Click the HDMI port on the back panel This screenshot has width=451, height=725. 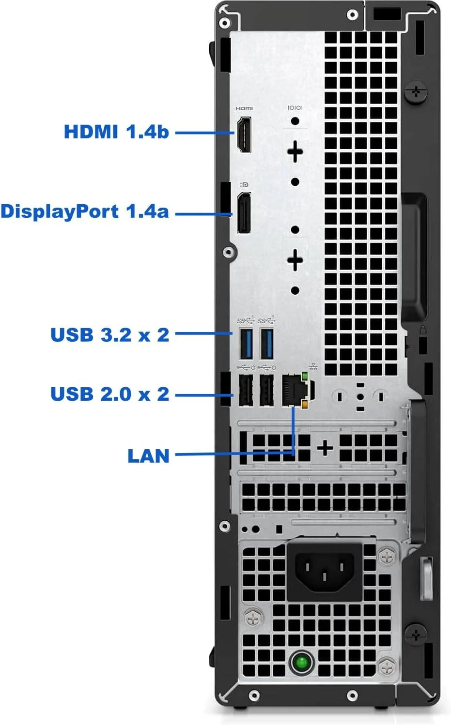click(x=244, y=134)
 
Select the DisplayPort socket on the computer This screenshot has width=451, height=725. click(x=244, y=212)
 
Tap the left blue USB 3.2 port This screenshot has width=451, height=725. click(x=246, y=343)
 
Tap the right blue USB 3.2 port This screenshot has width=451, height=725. click(x=267, y=343)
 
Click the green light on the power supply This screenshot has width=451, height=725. click(x=301, y=661)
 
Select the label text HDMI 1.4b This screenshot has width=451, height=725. click(x=116, y=132)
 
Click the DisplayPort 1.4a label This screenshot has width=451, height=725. click(x=85, y=211)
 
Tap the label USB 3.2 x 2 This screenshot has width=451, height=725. click(x=110, y=334)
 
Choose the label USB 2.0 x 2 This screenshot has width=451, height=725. click(x=110, y=394)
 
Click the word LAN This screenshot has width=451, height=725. click(x=148, y=455)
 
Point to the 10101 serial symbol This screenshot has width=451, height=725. click(x=295, y=107)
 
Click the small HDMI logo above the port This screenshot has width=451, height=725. click(x=244, y=108)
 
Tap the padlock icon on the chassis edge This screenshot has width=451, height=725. click(x=422, y=331)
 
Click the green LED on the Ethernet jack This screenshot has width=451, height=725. click(x=305, y=376)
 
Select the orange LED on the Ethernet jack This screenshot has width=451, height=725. click(x=305, y=404)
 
